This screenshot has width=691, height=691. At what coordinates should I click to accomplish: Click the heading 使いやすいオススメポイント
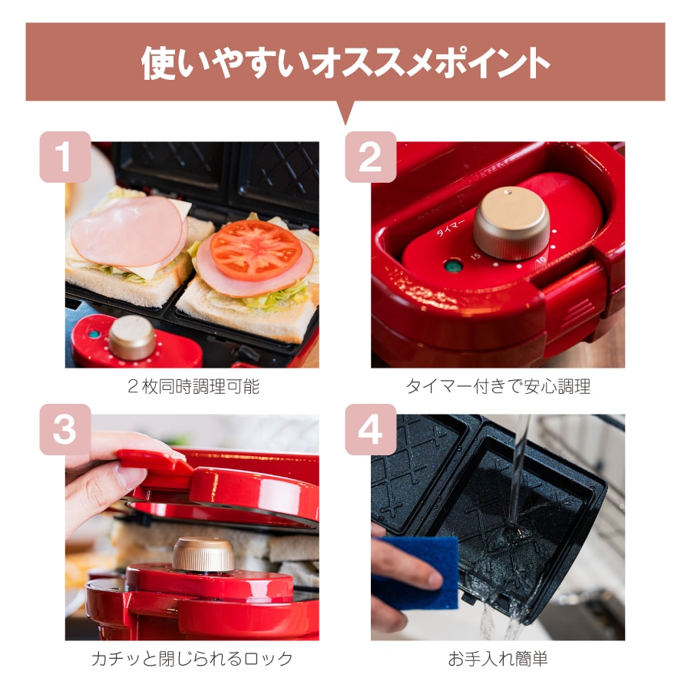pyautogui.click(x=345, y=63)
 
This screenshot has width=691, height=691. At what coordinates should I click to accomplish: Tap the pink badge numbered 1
pyautogui.click(x=65, y=157)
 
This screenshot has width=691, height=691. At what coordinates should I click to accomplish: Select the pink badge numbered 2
pyautogui.click(x=371, y=157)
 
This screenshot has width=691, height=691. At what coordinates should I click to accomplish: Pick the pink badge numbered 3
pyautogui.click(x=65, y=430)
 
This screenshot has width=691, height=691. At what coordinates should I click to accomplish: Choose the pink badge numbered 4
pyautogui.click(x=371, y=430)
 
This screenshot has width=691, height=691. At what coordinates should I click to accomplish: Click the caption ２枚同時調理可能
pyautogui.click(x=193, y=386)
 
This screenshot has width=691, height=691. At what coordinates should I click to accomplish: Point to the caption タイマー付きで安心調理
pyautogui.click(x=498, y=386)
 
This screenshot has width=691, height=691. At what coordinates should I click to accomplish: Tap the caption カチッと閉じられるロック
pyautogui.click(x=192, y=659)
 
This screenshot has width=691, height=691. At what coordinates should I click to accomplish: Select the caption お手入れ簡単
pyautogui.click(x=498, y=659)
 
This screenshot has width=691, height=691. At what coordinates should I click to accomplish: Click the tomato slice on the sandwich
pyautogui.click(x=256, y=249)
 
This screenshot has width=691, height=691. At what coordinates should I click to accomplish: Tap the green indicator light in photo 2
pyautogui.click(x=453, y=266)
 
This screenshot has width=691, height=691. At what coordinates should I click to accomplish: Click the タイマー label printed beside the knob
pyautogui.click(x=450, y=227)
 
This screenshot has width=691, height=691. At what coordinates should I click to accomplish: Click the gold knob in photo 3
pyautogui.click(x=203, y=554)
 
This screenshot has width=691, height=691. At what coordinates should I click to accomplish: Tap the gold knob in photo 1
pyautogui.click(x=132, y=338)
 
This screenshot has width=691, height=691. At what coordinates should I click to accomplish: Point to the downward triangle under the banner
pyautogui.click(x=346, y=112)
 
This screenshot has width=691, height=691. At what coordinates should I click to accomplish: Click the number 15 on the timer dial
pyautogui.click(x=475, y=256)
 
